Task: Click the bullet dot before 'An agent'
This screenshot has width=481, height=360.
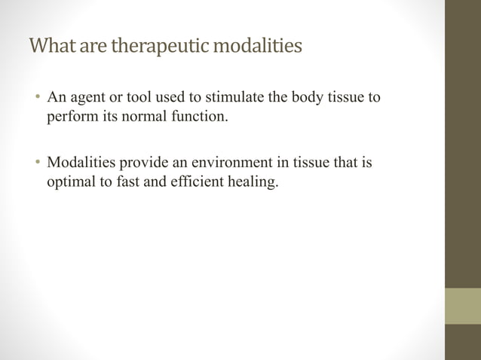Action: click(x=37, y=99)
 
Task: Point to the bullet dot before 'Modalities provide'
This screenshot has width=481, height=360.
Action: click(x=37, y=163)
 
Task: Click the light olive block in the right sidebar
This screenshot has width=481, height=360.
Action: click(x=463, y=306)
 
